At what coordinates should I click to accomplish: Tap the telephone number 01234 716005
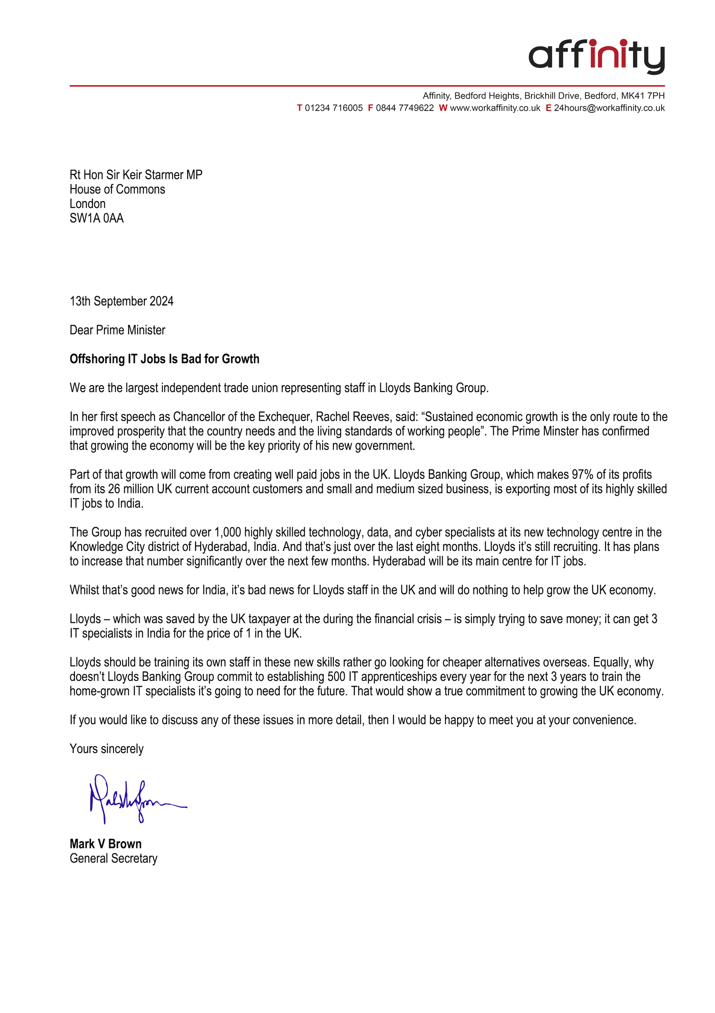point(334,108)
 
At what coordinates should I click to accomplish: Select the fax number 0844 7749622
point(405,108)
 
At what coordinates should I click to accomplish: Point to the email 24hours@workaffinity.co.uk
point(609,108)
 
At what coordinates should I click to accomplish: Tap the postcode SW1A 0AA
point(97,218)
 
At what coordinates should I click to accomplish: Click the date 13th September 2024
point(121,301)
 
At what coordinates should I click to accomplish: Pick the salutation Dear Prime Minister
point(117,330)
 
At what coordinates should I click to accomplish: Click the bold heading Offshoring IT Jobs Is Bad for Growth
point(164,359)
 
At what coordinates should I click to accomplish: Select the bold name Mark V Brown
point(105,844)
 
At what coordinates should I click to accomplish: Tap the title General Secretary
point(113,859)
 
